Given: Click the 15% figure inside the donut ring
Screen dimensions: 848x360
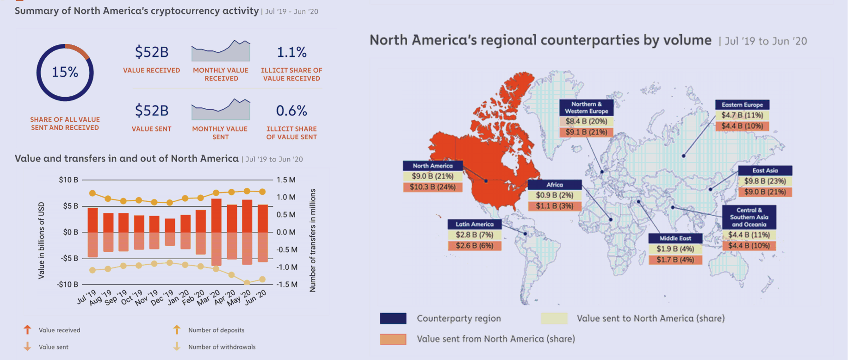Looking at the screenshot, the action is click(x=65, y=72).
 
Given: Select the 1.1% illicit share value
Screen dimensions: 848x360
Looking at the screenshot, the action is click(x=291, y=52).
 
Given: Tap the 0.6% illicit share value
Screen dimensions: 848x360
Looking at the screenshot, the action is click(x=291, y=111).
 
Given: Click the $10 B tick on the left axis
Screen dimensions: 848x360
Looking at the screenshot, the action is click(x=68, y=180).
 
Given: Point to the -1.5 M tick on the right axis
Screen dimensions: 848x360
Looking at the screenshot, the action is click(x=286, y=284).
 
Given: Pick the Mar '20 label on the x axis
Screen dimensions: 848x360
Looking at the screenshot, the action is click(x=209, y=298).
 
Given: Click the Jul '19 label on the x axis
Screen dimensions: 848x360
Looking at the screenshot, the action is click(x=87, y=297).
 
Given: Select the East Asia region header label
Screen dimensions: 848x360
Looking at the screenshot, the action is click(x=765, y=170).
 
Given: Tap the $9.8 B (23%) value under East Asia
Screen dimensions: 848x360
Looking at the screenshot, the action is click(x=765, y=181).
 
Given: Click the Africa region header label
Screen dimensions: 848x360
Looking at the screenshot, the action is click(x=555, y=185).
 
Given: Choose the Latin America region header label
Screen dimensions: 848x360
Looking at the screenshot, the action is click(x=475, y=224).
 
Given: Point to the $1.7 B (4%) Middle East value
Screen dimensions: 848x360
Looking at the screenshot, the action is click(x=675, y=260).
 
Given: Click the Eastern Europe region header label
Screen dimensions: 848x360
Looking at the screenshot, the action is click(x=743, y=105).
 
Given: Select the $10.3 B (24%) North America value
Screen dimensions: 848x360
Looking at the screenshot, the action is click(x=433, y=187).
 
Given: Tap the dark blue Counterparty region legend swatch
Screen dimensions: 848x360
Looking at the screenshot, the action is click(x=393, y=318).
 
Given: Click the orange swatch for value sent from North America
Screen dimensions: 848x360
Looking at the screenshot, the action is click(x=393, y=339).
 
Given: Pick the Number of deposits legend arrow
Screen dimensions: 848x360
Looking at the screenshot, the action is click(x=177, y=329).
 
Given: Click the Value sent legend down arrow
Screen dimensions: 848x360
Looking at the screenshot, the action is click(x=27, y=346).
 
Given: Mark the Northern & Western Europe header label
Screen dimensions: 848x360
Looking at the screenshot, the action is click(x=587, y=107).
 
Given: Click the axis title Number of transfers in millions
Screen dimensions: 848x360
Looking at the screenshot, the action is click(x=313, y=240).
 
